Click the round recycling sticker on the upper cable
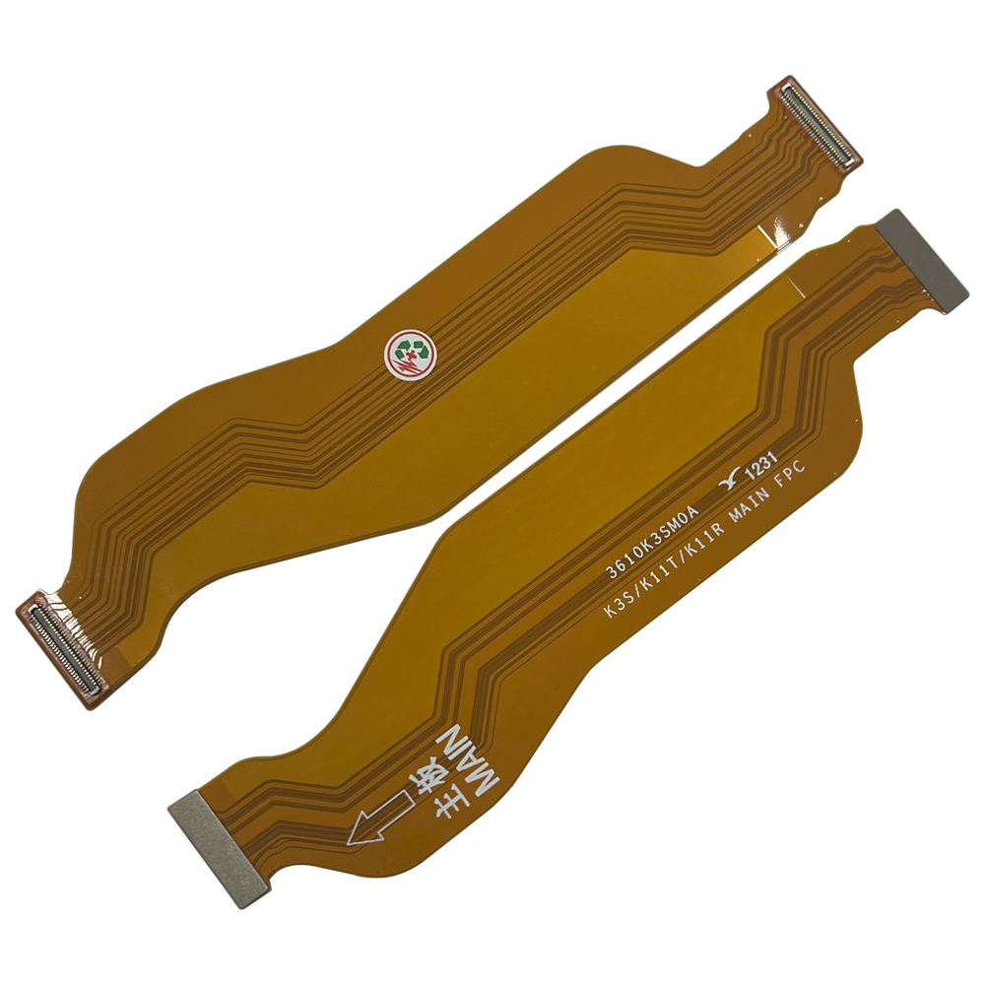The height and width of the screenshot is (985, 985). (410, 355)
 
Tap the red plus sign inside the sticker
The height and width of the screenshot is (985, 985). (411, 357)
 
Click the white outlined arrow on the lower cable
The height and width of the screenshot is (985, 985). (380, 818)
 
